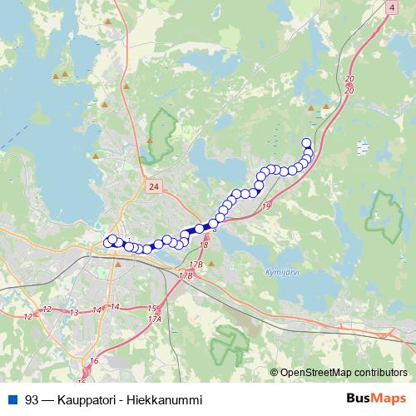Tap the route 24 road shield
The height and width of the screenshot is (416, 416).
point(151,188)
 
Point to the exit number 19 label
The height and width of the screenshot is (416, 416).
point(266,206)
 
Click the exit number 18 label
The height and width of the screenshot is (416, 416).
point(204,245)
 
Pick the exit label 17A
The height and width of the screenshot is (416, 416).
point(154,319)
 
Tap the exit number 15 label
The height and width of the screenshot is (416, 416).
point(151,309)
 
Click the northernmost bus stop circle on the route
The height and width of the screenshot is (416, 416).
point(306,142)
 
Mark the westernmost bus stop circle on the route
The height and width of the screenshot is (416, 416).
point(107,242)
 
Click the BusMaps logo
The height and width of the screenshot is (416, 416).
point(376,399)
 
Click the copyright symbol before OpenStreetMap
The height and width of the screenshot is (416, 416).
point(275,373)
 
